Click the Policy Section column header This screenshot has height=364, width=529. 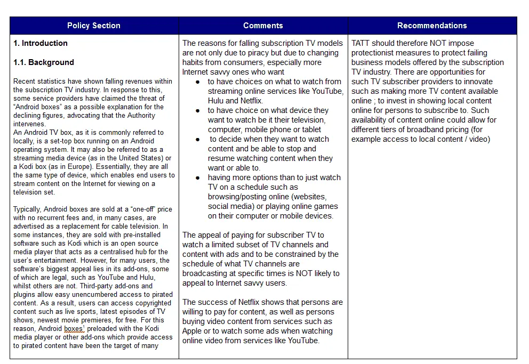click(x=94, y=26)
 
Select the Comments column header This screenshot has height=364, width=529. click(x=263, y=26)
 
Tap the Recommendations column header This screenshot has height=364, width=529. click(x=432, y=26)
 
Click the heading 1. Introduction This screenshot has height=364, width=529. click(x=41, y=43)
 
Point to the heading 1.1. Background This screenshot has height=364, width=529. click(x=44, y=62)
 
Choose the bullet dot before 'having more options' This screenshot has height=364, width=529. click(x=198, y=177)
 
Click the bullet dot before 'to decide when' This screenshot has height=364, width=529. click(x=198, y=139)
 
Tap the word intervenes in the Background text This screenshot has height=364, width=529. click(x=29, y=124)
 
